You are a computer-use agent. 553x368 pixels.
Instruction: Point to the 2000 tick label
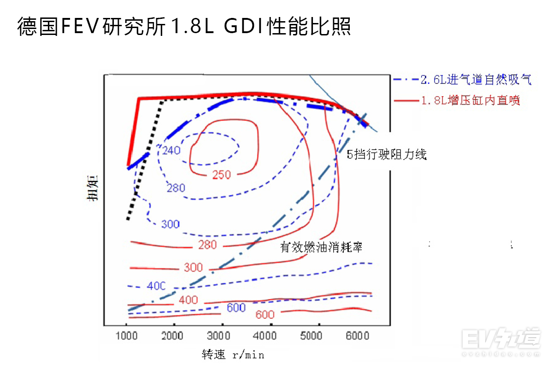click(x=173, y=336)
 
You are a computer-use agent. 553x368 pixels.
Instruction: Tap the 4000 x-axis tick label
click(x=267, y=336)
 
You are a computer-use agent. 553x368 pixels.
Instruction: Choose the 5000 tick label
click(x=311, y=336)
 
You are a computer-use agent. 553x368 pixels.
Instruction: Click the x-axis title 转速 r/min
click(x=233, y=355)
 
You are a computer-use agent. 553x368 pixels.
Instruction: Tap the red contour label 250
click(x=222, y=174)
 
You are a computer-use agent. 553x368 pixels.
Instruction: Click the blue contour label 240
click(x=171, y=150)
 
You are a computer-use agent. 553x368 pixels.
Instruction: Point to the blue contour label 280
click(x=176, y=188)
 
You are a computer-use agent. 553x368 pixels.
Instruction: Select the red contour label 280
click(x=207, y=245)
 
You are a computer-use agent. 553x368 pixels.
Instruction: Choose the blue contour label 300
click(x=170, y=224)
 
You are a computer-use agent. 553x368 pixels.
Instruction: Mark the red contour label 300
click(x=193, y=267)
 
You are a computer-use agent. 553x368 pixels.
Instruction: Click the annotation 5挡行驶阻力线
click(x=387, y=155)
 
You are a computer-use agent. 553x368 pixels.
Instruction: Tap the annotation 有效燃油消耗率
click(x=322, y=247)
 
